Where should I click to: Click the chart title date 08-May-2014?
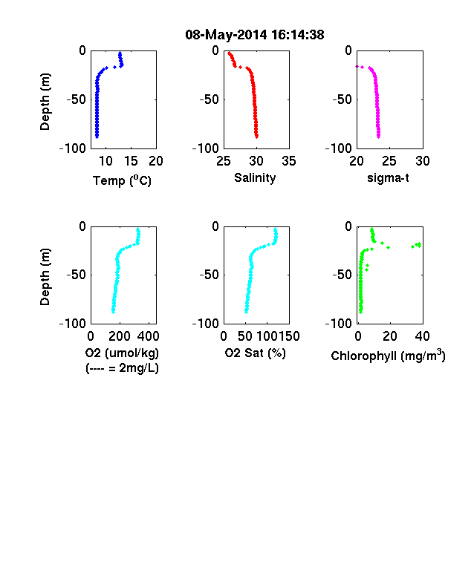(x=226, y=35)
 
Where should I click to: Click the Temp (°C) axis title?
(x=122, y=180)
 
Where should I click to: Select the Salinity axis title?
(x=255, y=177)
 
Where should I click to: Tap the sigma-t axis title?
(x=388, y=178)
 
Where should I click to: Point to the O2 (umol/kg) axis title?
(x=122, y=353)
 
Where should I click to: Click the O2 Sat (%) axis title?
(x=255, y=353)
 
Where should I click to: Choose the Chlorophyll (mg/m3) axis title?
(x=388, y=356)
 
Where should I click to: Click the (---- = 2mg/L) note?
(x=122, y=368)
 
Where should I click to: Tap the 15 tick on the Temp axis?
(x=131, y=161)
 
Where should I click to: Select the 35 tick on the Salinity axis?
(x=289, y=161)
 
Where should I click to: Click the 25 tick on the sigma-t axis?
(x=389, y=161)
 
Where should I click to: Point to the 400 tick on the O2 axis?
(x=148, y=336)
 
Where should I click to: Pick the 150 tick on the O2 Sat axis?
(x=289, y=336)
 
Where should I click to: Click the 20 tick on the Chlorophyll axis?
(x=389, y=336)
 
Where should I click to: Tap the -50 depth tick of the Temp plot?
(x=76, y=99)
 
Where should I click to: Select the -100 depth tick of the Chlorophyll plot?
(x=339, y=324)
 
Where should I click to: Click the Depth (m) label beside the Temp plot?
(x=45, y=102)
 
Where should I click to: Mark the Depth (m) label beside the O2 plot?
(x=45, y=277)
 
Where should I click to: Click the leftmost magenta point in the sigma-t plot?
(x=357, y=66)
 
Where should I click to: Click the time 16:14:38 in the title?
(x=298, y=35)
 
